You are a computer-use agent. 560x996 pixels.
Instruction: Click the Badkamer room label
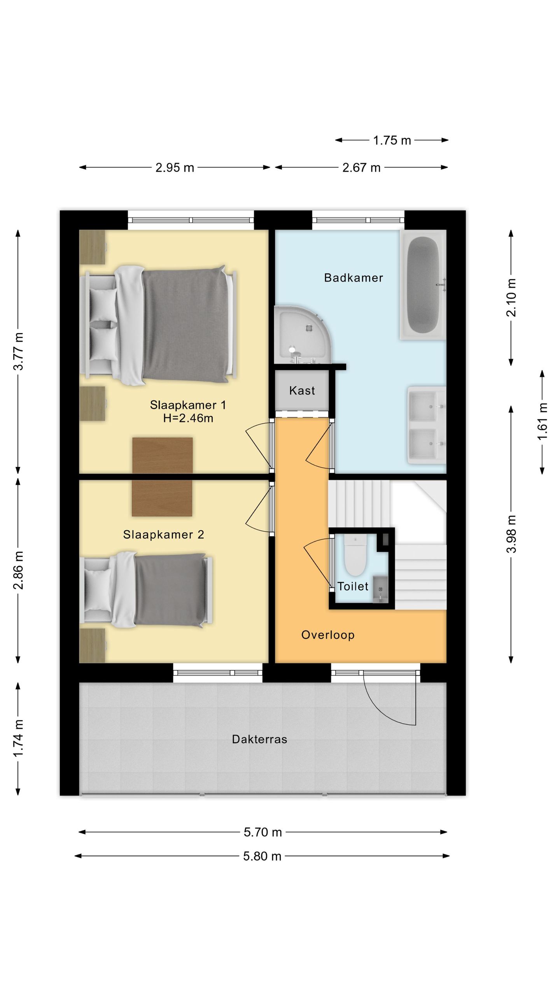(353, 278)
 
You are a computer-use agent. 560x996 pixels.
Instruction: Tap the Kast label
(302, 391)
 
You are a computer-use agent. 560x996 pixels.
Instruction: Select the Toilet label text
(353, 586)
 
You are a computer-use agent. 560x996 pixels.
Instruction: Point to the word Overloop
(328, 635)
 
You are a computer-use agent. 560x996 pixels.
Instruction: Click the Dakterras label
(259, 739)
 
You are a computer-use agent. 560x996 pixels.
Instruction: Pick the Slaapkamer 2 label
(163, 535)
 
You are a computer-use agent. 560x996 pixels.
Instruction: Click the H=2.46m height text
(188, 418)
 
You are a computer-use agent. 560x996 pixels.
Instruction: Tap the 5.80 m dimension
(262, 856)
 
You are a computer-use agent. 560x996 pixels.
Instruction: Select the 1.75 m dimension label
(392, 140)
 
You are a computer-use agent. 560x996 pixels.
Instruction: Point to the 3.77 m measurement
(19, 351)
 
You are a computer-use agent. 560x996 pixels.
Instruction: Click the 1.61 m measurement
(542, 422)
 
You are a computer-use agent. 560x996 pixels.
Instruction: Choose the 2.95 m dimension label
(175, 168)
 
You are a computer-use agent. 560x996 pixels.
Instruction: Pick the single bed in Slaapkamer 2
(146, 590)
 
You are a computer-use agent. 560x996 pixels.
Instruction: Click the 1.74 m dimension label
(19, 738)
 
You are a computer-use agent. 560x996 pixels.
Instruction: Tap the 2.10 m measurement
(511, 298)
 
